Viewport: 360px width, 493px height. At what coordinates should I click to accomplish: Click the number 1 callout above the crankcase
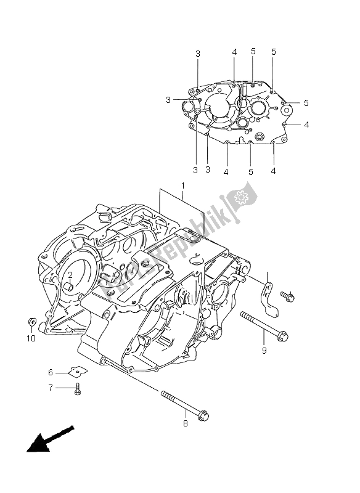click(x=183, y=185)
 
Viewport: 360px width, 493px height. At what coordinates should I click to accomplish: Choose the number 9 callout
click(x=264, y=351)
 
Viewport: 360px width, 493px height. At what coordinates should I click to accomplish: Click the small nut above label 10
click(x=30, y=321)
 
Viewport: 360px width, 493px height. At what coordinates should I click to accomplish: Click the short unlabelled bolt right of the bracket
click(x=288, y=298)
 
